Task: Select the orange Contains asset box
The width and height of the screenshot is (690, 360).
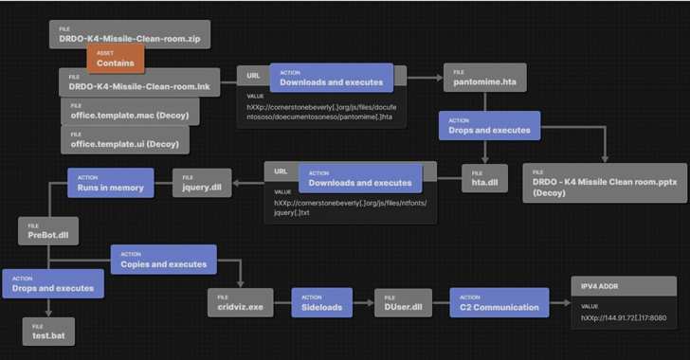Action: point(116,59)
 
